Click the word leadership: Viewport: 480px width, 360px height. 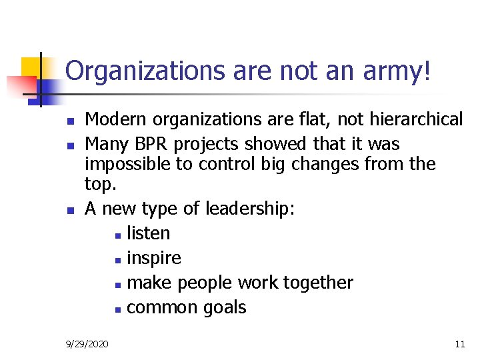pyautogui.click(x=251, y=209)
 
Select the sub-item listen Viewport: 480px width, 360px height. pyautogui.click(x=148, y=233)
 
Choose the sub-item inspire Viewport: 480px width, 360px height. pyautogui.click(x=153, y=258)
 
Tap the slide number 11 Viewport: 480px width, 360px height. pyautogui.click(x=459, y=344)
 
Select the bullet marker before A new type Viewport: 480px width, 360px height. pyautogui.click(x=69, y=211)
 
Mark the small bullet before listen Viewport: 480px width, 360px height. pyautogui.click(x=118, y=235)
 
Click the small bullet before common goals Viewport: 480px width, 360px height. pyautogui.click(x=118, y=309)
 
